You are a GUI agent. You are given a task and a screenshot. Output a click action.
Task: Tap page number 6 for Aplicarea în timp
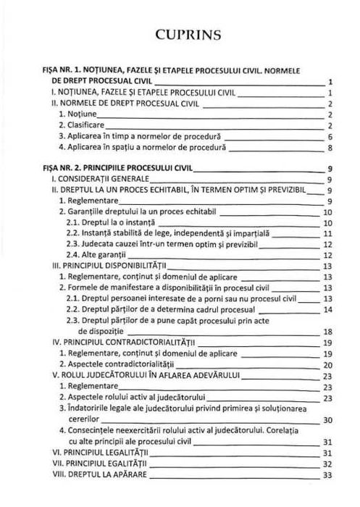pyautogui.click(x=330, y=136)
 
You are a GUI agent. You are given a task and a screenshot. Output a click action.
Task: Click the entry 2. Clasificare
pyautogui.click(x=88, y=125)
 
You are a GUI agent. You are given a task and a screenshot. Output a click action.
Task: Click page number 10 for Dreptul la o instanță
pyautogui.click(x=327, y=222)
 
